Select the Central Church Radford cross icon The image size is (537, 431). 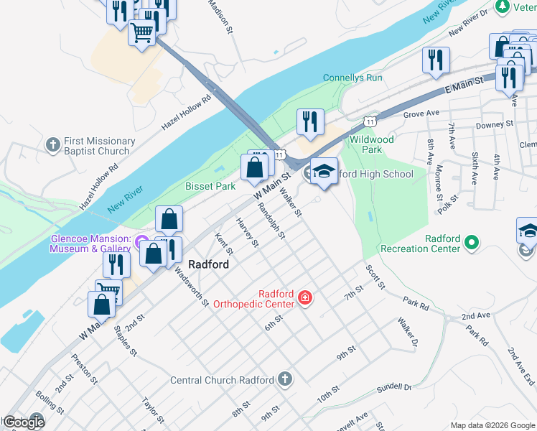[285, 379]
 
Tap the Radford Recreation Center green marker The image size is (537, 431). [472, 243]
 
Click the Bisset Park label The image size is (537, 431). [210, 186]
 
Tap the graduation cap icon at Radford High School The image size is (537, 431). [324, 171]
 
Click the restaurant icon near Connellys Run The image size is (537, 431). [310, 121]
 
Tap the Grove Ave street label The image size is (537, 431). [421, 113]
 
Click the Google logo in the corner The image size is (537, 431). [23, 422]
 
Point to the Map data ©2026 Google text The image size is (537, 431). [492, 425]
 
